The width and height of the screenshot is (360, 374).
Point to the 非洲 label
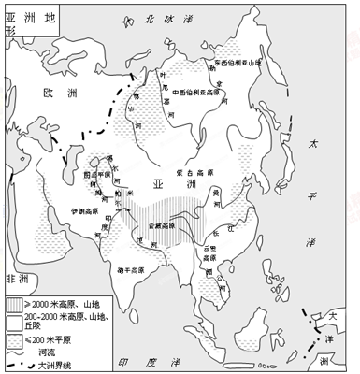16,279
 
